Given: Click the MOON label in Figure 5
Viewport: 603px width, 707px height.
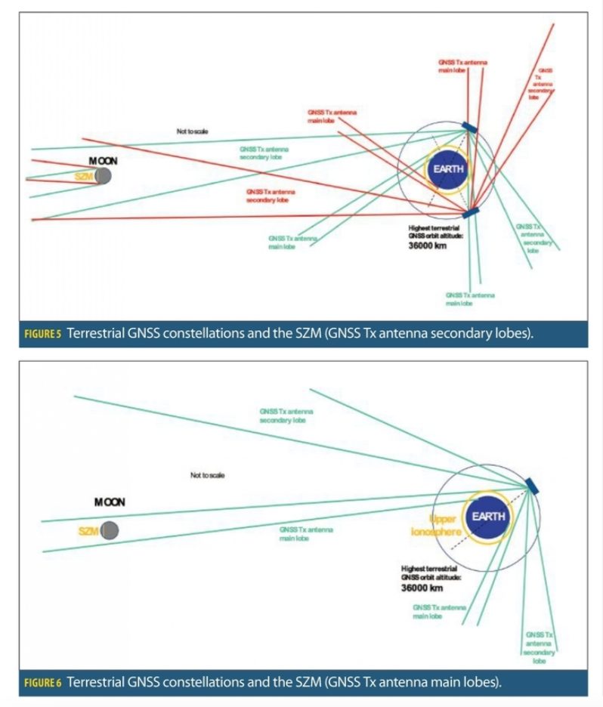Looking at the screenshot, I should point(104,161).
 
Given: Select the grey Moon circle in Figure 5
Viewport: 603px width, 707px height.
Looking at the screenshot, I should point(104,176).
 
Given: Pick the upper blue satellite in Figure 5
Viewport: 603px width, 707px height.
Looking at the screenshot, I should point(469,128).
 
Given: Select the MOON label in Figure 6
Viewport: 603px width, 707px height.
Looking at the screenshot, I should point(110,502).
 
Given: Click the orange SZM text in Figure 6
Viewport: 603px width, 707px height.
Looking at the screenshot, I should point(88,531).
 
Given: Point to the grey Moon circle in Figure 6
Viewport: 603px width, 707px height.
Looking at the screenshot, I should point(110,531).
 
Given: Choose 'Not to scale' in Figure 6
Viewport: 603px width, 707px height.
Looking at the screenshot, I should point(207,475).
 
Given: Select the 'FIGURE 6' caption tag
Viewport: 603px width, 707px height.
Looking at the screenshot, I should point(44,682).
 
